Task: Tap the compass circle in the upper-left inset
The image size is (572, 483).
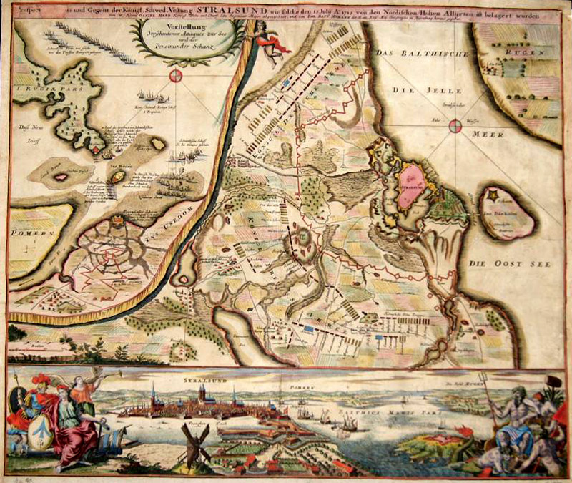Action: [175, 76]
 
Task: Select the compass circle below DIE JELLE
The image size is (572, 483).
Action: [455, 127]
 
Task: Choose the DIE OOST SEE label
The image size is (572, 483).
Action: [511, 264]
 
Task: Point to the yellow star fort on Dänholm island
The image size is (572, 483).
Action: [493, 194]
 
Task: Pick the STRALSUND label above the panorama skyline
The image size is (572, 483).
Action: [204, 384]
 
